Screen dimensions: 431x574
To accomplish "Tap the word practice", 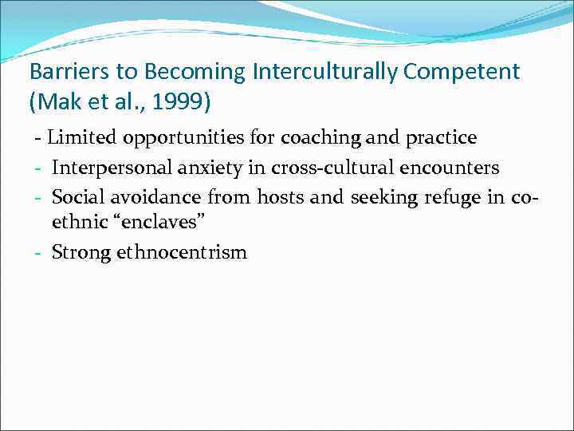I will [x=441, y=137].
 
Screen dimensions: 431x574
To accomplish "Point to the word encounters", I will [x=454, y=168].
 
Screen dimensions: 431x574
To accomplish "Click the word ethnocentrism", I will [x=182, y=253].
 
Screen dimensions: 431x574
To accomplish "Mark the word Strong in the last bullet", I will [x=81, y=253].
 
